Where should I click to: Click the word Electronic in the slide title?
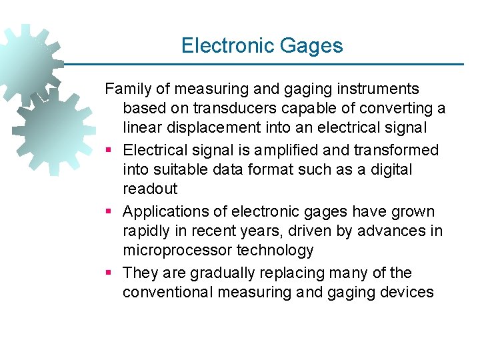(x=219, y=45)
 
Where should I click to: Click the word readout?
(x=150, y=189)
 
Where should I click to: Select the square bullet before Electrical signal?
(x=109, y=151)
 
